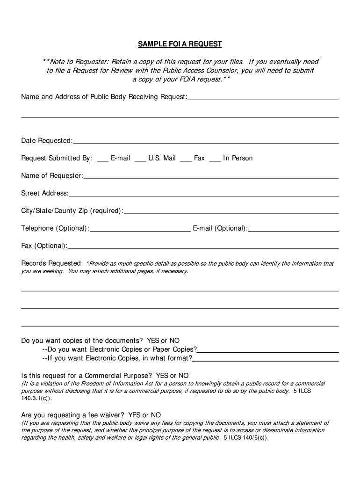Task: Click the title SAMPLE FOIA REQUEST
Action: [x=180, y=44]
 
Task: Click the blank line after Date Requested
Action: [x=206, y=143]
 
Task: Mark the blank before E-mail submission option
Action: [x=103, y=160]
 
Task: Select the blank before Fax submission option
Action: [x=186, y=160]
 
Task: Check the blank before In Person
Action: [x=215, y=160]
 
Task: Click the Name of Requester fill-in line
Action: [x=211, y=178]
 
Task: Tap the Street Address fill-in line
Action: [x=203, y=196]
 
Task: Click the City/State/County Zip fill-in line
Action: [x=231, y=213]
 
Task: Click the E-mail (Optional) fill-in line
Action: [x=293, y=231]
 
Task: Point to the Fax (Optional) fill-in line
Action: [x=203, y=248]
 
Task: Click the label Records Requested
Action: [x=52, y=263]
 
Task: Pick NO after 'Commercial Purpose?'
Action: [x=183, y=376]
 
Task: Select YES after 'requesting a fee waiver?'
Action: [x=135, y=415]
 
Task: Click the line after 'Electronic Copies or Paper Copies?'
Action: [x=268, y=351]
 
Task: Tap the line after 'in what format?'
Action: [x=266, y=360]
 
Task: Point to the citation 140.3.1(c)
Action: [x=37, y=398]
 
